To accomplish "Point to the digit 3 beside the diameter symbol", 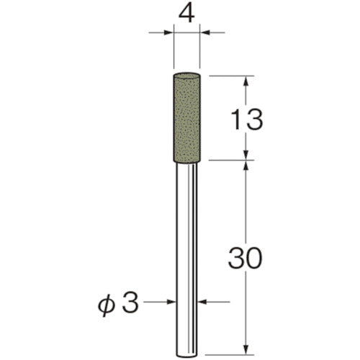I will click(x=130, y=302).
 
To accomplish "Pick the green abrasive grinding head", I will click(x=188, y=115).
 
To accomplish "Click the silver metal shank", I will click(x=188, y=245).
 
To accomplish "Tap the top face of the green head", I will click(x=188, y=76).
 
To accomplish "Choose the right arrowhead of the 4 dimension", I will click(x=207, y=32).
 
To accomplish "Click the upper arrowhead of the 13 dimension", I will click(x=246, y=81).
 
